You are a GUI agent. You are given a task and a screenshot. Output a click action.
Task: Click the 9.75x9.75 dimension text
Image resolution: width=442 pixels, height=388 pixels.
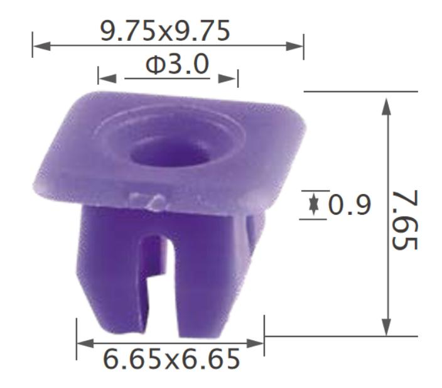pyautogui.click(x=166, y=31)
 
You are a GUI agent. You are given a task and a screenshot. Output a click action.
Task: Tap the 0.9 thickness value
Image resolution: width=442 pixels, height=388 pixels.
pyautogui.click(x=350, y=205)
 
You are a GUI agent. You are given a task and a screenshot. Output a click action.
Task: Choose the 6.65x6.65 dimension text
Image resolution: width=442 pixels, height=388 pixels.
pyautogui.click(x=171, y=360)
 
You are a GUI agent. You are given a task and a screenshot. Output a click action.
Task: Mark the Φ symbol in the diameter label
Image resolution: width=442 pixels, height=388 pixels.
pyautogui.click(x=155, y=65)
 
